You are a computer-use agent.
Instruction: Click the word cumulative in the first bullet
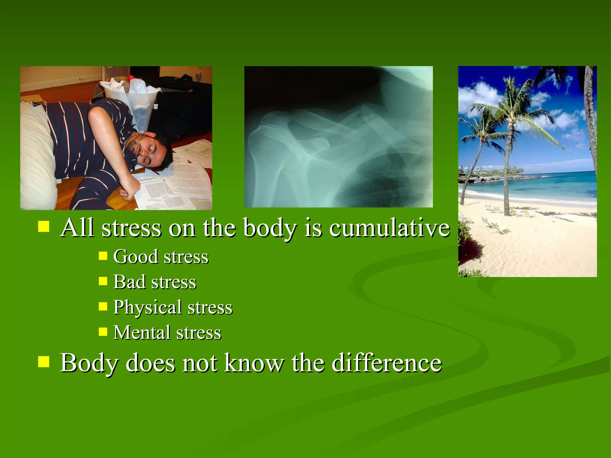pyautogui.click(x=389, y=228)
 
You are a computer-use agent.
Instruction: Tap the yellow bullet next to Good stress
pyautogui.click(x=103, y=256)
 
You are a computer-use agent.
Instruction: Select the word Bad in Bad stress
pyautogui.click(x=129, y=282)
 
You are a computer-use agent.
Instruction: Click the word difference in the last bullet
pyautogui.click(x=387, y=363)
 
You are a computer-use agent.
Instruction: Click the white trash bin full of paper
pyautogui.click(x=131, y=101)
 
